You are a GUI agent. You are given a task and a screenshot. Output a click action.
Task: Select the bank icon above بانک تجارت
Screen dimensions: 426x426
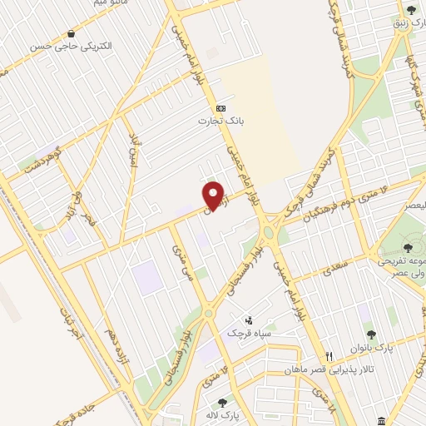tap(220, 108)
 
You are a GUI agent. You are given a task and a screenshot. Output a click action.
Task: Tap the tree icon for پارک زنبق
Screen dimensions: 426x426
tap(411, 10)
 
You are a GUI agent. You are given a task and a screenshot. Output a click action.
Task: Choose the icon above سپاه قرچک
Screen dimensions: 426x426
tap(248, 320)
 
